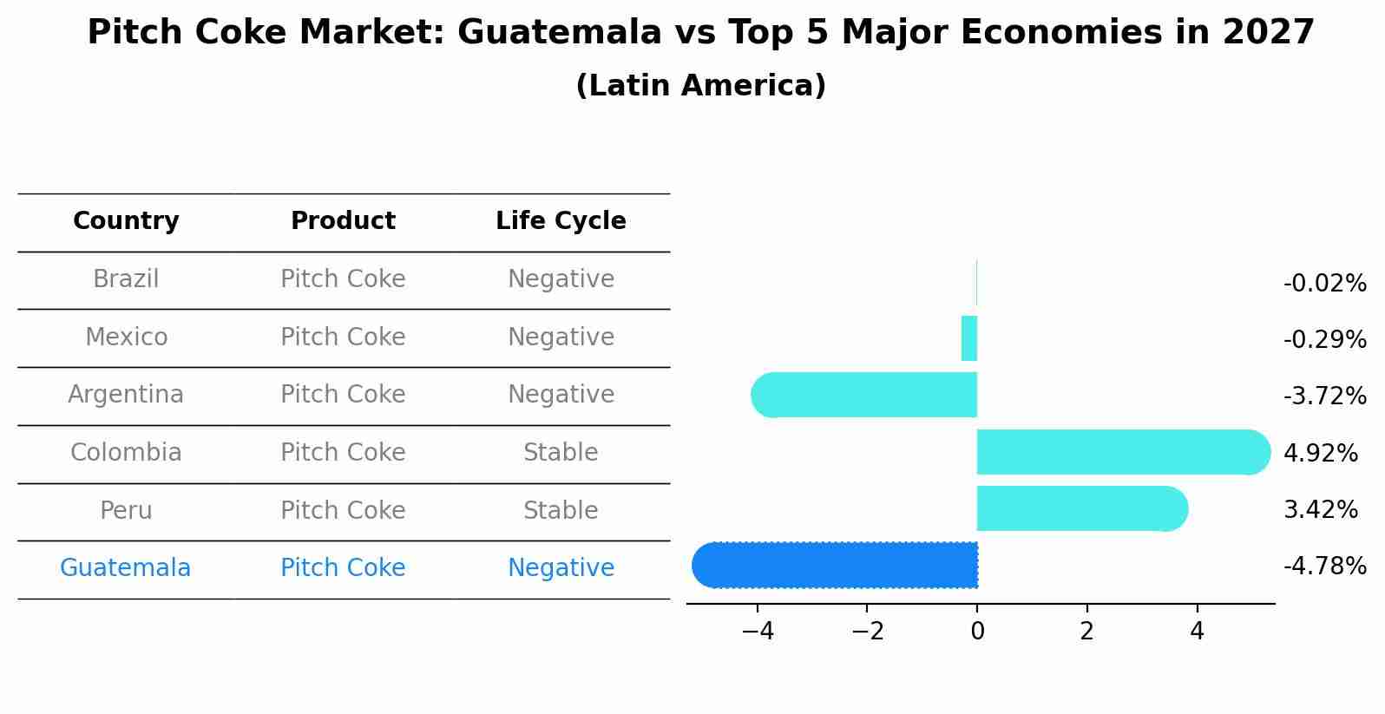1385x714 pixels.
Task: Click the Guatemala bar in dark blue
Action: tap(835, 565)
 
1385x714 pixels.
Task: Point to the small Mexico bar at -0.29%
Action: tap(969, 338)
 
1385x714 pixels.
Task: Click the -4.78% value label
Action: tap(1324, 567)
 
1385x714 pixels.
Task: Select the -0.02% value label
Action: tap(1324, 284)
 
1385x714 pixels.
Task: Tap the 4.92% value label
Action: tap(1320, 453)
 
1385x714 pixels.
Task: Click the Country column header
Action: tap(126, 221)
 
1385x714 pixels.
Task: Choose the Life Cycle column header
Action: tap(561, 221)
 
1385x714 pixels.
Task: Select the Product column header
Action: tap(343, 221)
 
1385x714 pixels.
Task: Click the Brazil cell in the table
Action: tap(126, 279)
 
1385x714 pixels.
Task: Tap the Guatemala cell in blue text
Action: tap(125, 568)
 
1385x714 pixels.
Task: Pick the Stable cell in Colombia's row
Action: tap(561, 453)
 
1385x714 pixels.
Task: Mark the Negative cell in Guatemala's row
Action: tap(561, 568)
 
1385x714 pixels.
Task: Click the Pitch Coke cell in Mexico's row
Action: tap(343, 337)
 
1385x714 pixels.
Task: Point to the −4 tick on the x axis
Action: tap(758, 632)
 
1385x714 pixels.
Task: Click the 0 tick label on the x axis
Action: tap(977, 632)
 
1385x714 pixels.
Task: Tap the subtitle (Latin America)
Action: tap(700, 86)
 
